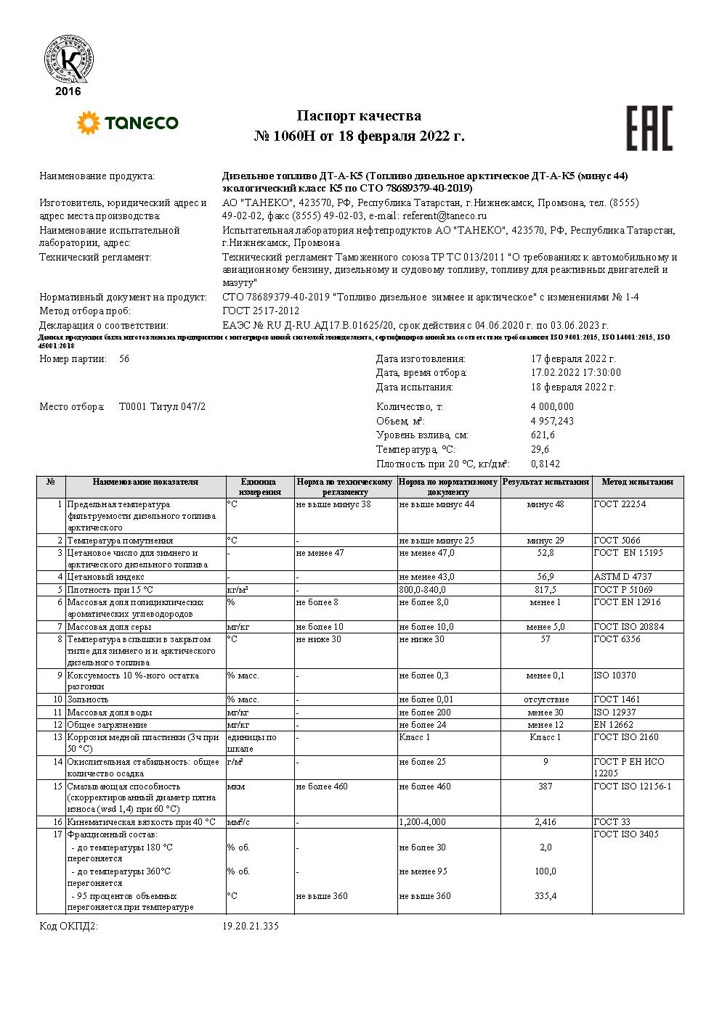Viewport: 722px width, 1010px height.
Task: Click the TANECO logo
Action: [x=127, y=123]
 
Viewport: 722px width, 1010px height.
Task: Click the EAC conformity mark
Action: [x=649, y=128]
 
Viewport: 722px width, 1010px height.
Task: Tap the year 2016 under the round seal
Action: [x=68, y=91]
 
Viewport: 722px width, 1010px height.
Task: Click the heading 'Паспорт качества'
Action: [x=359, y=116]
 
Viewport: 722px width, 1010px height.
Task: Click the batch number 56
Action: [x=123, y=359]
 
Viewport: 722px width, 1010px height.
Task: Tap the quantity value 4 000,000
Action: [x=552, y=407]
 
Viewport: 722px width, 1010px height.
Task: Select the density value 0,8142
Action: [x=545, y=464]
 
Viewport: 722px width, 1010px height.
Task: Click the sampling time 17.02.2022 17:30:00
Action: [x=576, y=373]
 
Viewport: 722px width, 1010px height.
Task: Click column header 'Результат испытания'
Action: [x=545, y=482]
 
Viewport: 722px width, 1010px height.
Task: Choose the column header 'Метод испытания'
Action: [x=637, y=482]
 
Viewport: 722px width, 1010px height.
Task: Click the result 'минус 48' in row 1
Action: [x=545, y=504]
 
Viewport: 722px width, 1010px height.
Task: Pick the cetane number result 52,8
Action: [x=545, y=553]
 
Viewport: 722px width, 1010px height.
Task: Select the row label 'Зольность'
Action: [x=88, y=699]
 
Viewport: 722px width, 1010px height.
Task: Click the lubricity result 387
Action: [x=545, y=787]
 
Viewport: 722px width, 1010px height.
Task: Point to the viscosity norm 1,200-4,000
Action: [x=423, y=822]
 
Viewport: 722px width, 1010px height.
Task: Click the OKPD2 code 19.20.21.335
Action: [x=250, y=927]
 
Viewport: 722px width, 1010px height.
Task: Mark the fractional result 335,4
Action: [x=545, y=896]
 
